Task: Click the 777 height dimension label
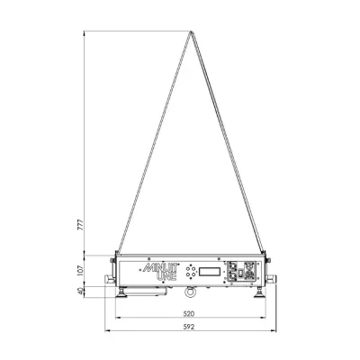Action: (80, 225)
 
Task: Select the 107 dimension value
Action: (80, 270)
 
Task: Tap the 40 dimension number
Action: (80, 292)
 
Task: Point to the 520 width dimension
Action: (189, 313)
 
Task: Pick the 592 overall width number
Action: (189, 327)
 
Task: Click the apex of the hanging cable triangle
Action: (190, 31)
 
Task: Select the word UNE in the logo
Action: (166, 276)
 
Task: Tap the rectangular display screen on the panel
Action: (210, 272)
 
